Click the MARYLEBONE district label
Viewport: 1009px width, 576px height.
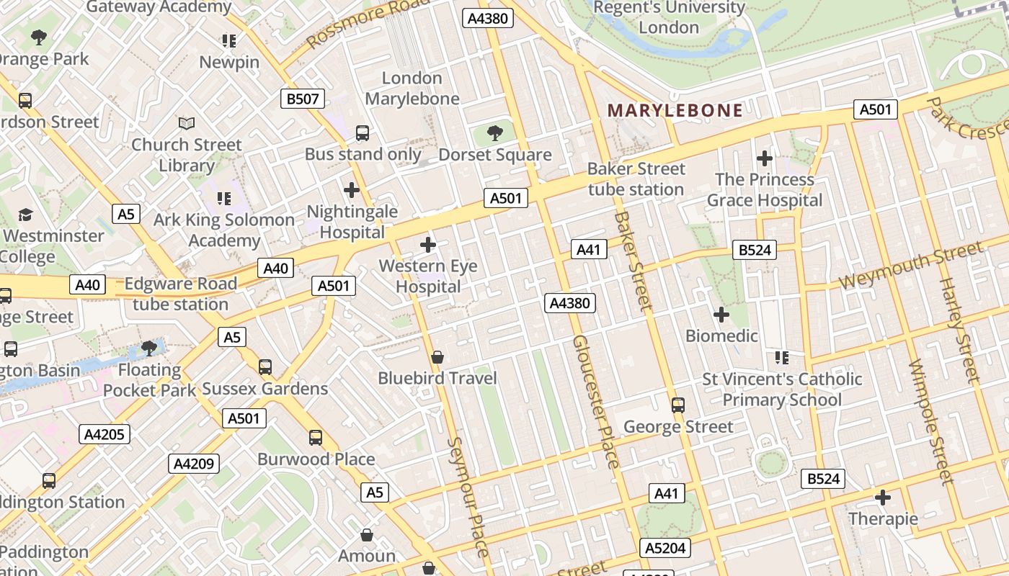(x=675, y=110)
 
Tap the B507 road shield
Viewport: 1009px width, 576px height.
(x=303, y=99)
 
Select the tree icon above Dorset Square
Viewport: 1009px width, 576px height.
(x=494, y=132)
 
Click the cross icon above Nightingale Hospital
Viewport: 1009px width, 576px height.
(x=352, y=190)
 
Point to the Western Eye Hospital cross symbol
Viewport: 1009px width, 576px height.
(x=428, y=245)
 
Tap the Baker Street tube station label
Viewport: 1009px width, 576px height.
(x=636, y=179)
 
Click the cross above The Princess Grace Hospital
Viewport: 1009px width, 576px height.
(x=765, y=158)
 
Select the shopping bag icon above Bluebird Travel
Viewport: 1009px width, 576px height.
(x=437, y=356)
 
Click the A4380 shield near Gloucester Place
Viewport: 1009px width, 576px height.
(x=569, y=303)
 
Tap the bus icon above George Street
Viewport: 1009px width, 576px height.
(x=677, y=405)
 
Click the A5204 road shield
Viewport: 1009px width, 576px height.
(x=665, y=548)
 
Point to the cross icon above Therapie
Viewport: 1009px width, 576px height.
(x=883, y=497)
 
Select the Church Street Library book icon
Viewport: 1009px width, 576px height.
(x=187, y=123)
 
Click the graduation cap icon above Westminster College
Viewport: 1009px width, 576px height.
(x=26, y=215)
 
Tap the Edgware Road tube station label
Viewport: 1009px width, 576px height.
(x=180, y=294)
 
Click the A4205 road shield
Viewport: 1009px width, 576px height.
(x=105, y=434)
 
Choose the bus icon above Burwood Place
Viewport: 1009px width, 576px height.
(x=316, y=437)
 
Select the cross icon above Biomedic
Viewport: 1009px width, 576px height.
(x=721, y=315)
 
